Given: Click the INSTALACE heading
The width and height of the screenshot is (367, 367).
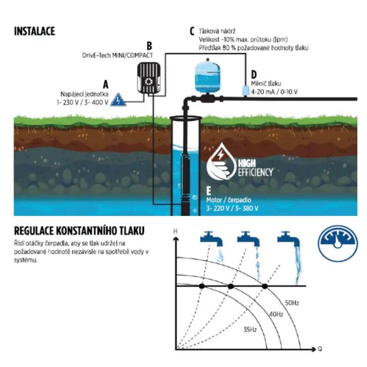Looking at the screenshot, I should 35,31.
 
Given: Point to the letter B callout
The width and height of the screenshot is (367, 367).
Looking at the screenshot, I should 149,46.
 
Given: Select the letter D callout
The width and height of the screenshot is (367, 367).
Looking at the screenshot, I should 253,74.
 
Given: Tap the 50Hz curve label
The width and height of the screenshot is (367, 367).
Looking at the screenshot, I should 292,303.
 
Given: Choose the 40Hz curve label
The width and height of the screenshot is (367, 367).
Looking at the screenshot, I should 275,314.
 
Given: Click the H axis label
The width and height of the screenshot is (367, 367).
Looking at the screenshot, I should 175,230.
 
